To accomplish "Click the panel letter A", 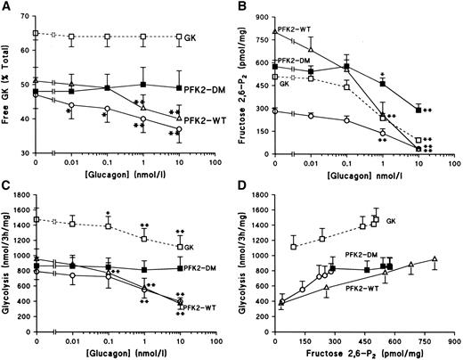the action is tap(6, 5).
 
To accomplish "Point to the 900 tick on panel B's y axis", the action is tap(263, 18).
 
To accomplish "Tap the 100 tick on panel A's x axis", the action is tap(215, 162).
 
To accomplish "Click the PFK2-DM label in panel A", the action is tap(205, 89).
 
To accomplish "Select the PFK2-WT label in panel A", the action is tap(205, 121).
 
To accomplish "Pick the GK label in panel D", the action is tap(391, 221).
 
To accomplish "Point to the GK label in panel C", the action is tap(189, 247).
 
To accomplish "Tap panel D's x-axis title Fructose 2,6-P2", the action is tap(364, 354).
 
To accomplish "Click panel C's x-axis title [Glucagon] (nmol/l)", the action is tap(126, 354).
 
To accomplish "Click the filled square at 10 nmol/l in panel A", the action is tap(179, 88).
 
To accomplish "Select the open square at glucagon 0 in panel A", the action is tap(36, 33).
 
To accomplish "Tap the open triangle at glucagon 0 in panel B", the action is tap(275, 31).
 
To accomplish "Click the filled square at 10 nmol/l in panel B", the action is tap(418, 110).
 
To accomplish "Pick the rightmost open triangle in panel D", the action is tap(435, 258).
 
